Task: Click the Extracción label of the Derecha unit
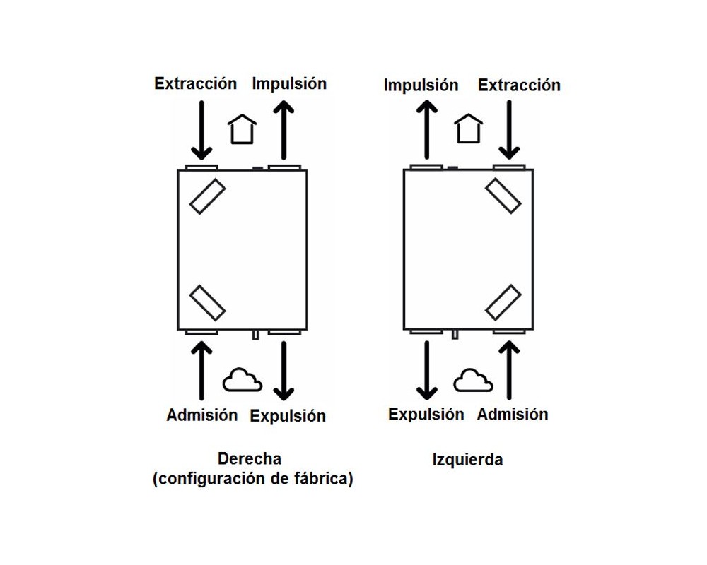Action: click(x=196, y=84)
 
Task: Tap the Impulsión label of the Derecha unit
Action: click(x=289, y=84)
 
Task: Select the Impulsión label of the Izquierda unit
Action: click(x=421, y=85)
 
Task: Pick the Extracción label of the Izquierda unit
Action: click(x=519, y=85)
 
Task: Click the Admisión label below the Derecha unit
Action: click(x=202, y=415)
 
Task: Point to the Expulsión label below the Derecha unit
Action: click(x=288, y=416)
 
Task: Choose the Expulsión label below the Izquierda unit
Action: click(x=426, y=415)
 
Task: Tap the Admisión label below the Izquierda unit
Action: click(x=513, y=414)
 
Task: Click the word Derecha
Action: click(x=250, y=458)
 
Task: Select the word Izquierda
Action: click(x=467, y=460)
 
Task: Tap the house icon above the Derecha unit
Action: click(x=242, y=129)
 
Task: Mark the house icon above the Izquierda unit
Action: click(x=469, y=129)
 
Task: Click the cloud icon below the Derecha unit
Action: click(x=242, y=380)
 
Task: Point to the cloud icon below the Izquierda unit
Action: click(x=472, y=380)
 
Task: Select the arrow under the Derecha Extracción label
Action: click(x=201, y=130)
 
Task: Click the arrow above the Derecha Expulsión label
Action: click(x=284, y=371)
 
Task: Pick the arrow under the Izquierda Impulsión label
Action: click(x=426, y=130)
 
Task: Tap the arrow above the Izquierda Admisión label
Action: click(x=509, y=370)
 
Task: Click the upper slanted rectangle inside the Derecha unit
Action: click(x=207, y=196)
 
